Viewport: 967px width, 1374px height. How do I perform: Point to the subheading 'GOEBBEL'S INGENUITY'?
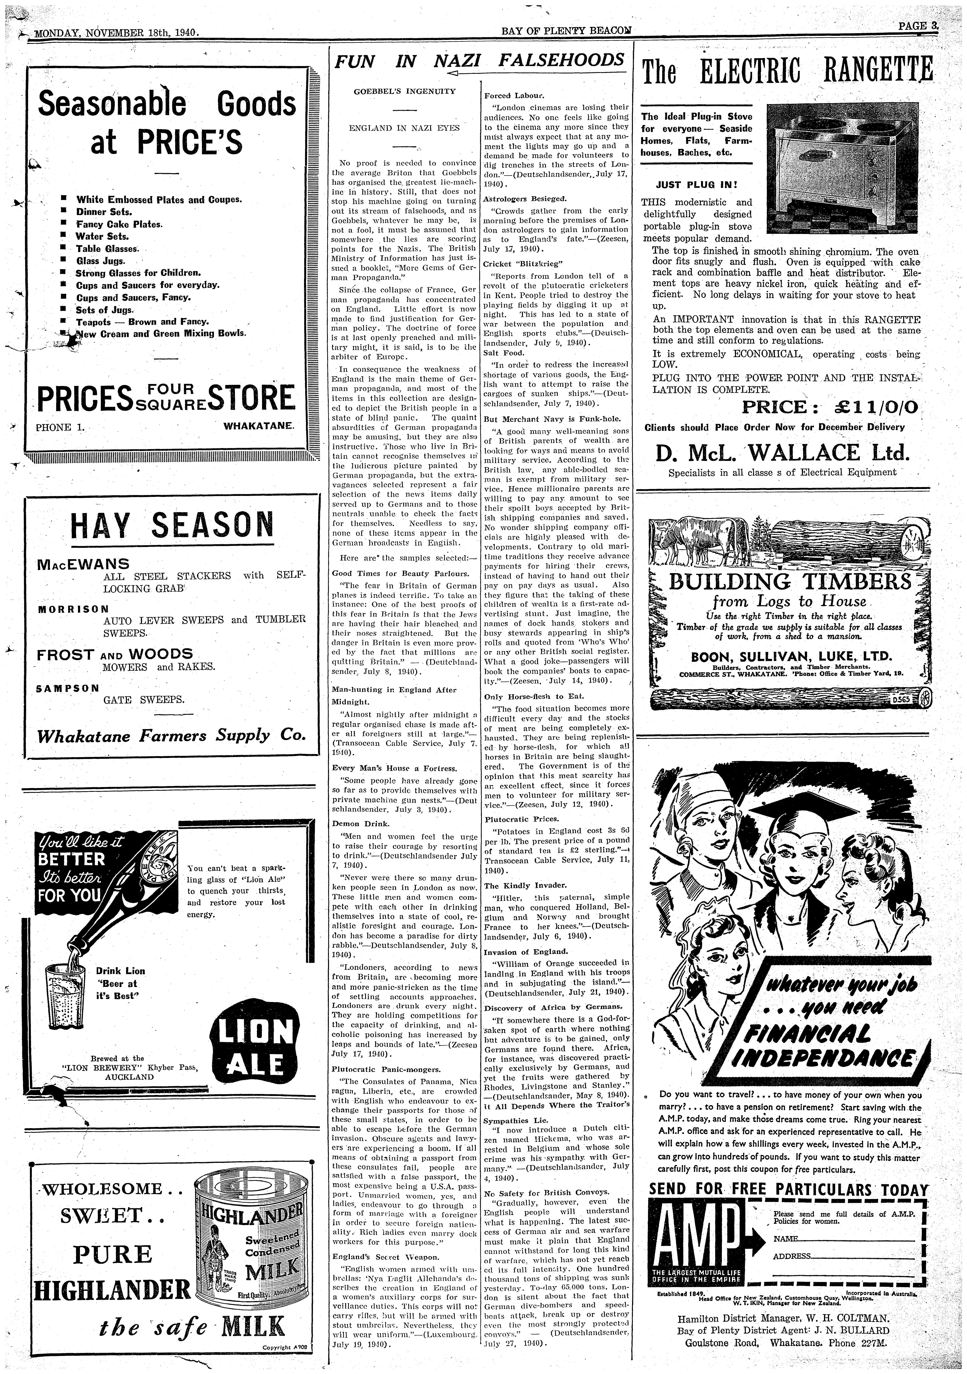[405, 92]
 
